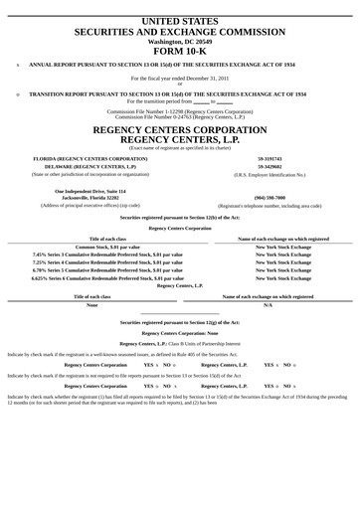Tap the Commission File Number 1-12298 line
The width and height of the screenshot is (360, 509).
click(x=179, y=110)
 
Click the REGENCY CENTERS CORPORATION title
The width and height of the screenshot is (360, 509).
click(x=179, y=129)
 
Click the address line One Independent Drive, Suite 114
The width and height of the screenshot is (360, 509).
click(x=91, y=190)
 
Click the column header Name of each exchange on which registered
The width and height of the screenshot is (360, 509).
click(x=283, y=239)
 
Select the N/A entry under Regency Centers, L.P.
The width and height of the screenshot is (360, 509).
click(x=268, y=304)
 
